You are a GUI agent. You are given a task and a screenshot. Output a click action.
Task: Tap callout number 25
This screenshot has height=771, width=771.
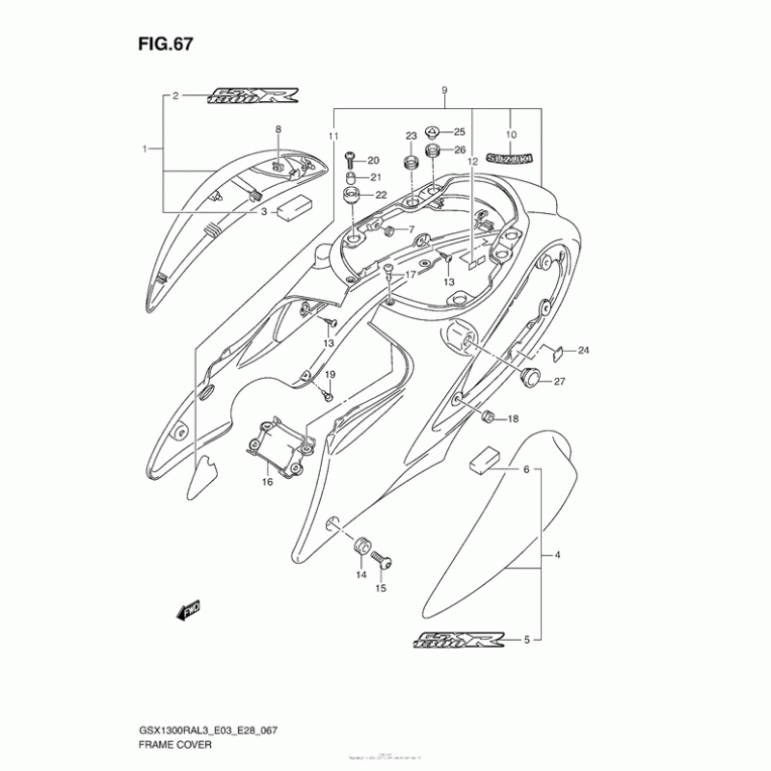point(459,132)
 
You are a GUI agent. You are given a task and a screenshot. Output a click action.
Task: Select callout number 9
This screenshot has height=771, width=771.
point(444,91)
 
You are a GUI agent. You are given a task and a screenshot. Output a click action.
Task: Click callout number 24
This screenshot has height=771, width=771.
point(583,350)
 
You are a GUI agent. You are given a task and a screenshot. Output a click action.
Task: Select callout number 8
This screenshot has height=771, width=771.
point(278,128)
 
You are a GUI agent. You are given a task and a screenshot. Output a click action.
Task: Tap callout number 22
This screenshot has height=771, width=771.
point(381,195)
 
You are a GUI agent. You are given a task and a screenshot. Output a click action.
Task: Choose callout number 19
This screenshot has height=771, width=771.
point(329,374)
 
